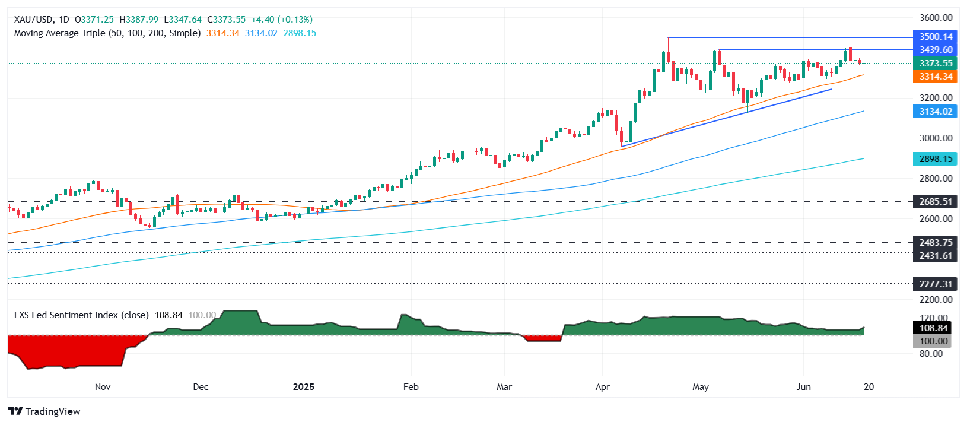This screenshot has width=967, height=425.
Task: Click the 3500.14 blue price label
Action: coord(935,37)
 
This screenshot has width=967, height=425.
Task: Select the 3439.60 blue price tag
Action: coord(935,50)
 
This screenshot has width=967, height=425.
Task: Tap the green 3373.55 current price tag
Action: coord(935,64)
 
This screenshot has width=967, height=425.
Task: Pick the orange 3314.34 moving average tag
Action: coord(935,77)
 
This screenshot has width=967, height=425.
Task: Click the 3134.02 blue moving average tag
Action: coord(935,112)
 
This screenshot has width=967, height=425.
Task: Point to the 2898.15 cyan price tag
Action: coord(935,159)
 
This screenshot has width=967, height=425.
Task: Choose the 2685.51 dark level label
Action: coord(935,202)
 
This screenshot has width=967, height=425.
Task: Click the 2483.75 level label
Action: coord(935,242)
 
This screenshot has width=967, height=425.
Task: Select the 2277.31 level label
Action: coord(935,284)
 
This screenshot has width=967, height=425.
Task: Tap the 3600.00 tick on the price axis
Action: coord(936,18)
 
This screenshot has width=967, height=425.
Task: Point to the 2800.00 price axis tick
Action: coord(936,179)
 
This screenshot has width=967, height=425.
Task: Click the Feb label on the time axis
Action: coord(411,387)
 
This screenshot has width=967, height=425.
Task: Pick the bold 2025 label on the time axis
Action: coord(304,387)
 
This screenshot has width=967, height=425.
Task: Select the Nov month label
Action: coord(103,387)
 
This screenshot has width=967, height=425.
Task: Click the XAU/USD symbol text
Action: coord(33,20)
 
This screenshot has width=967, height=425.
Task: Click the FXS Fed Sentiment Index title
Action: coord(81,315)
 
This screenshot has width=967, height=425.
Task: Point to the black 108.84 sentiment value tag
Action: coord(933,328)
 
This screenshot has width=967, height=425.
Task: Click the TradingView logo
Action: coord(44,411)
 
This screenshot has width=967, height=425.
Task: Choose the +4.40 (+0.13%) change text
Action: coord(281,20)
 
